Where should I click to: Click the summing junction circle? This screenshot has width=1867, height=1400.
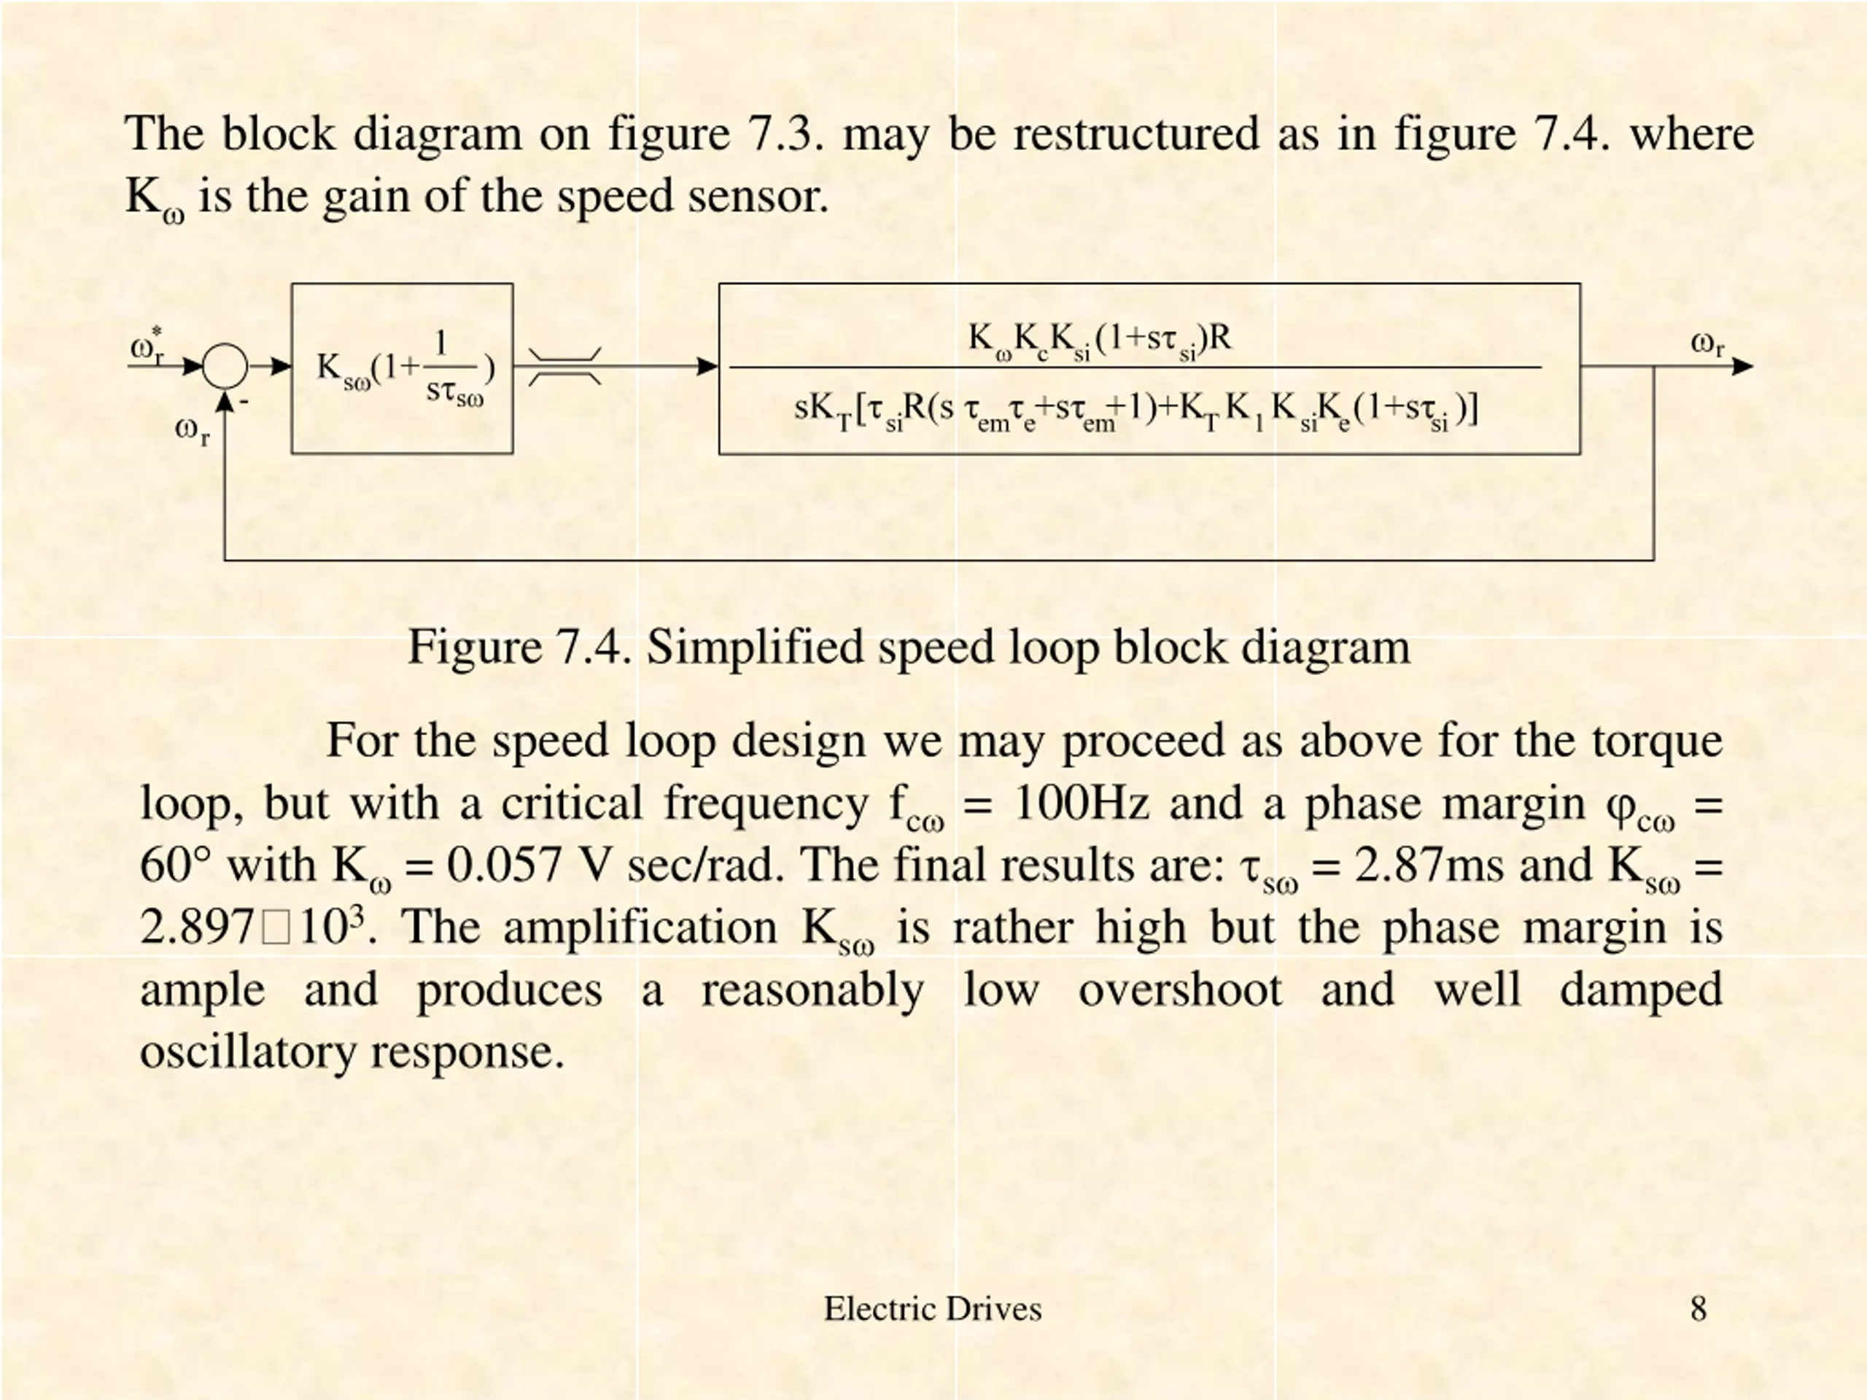tap(225, 366)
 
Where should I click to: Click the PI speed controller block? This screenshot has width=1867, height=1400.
tap(402, 369)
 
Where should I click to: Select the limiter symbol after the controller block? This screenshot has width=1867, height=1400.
tap(564, 366)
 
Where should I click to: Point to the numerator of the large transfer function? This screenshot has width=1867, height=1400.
tap(1099, 339)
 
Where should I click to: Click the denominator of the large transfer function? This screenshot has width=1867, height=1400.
tap(1136, 412)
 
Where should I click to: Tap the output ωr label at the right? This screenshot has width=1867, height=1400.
tap(1707, 344)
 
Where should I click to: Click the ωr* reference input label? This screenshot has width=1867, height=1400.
tap(148, 346)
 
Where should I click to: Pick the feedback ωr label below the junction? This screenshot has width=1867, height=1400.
tap(192, 430)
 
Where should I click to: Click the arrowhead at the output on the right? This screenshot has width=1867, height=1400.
tap(1742, 366)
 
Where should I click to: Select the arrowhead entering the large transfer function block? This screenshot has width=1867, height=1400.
tap(707, 366)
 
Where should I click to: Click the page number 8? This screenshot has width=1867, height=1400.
tap(1699, 1309)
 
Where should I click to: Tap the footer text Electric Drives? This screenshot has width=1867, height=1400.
tap(933, 1309)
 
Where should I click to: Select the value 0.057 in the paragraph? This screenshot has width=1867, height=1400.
tap(504, 865)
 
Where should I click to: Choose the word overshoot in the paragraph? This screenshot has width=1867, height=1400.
tap(1180, 990)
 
